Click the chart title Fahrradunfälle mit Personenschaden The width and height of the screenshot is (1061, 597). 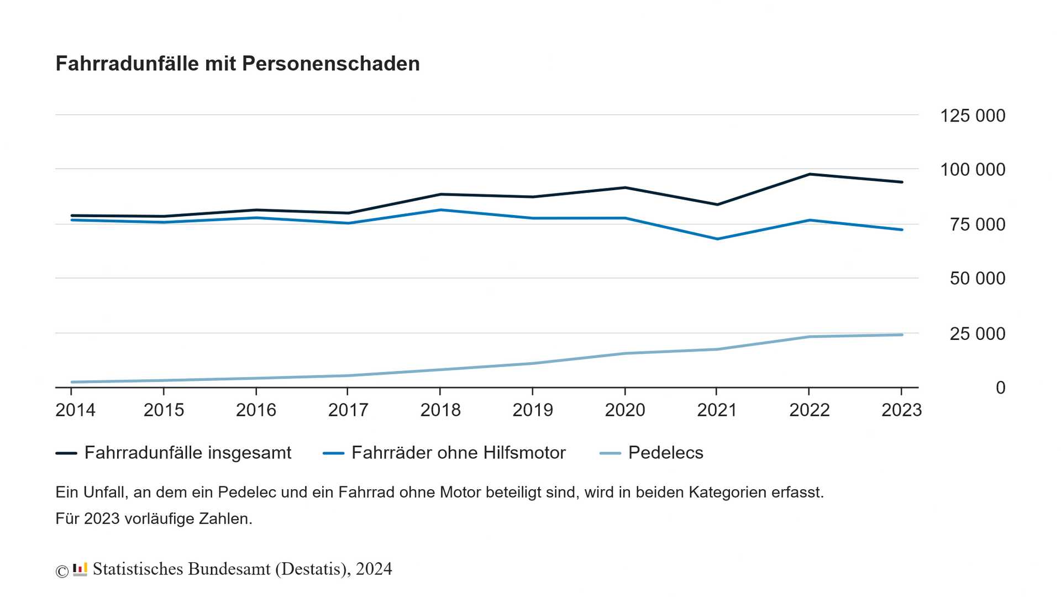coord(238,64)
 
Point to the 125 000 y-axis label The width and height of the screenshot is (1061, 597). coord(972,116)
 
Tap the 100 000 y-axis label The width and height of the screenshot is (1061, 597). coord(972,170)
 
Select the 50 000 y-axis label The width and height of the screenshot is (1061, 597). coord(977,279)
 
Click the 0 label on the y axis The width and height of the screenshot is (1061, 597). coord(1000,388)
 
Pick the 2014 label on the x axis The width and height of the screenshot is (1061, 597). coord(75,410)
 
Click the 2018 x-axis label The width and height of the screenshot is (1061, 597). coord(440,410)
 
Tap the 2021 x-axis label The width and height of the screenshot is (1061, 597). coord(717,410)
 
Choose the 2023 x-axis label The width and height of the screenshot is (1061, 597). coord(901,410)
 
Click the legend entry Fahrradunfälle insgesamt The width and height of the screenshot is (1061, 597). coord(187,453)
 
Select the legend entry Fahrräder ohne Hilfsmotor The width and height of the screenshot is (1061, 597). coord(458,453)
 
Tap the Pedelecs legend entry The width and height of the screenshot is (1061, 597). coord(665,453)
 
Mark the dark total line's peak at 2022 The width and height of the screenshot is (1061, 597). coord(809,174)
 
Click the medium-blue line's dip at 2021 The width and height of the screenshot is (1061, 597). coord(717,239)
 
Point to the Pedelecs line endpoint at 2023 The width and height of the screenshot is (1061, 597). coord(901,335)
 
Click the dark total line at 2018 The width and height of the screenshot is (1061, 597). coord(440,194)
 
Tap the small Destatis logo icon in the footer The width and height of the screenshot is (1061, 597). coord(80,569)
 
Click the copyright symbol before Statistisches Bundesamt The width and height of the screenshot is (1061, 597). coord(62,572)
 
